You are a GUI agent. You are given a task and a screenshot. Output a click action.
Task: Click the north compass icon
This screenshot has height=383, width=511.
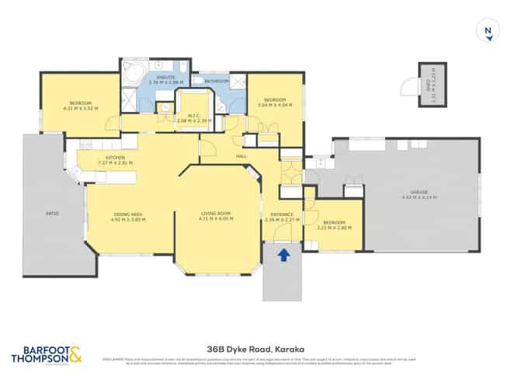point(488,32)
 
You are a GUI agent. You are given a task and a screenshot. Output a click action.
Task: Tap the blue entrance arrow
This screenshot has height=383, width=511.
point(283,253)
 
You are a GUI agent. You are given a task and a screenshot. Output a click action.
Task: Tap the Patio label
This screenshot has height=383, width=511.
point(52,213)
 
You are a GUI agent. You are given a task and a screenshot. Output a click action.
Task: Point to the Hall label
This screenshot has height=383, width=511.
point(242,156)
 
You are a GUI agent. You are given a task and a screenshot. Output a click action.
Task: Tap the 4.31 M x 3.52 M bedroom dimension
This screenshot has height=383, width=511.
point(81,109)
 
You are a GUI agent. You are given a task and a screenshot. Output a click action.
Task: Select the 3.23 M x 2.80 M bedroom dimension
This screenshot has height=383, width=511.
point(335,228)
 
